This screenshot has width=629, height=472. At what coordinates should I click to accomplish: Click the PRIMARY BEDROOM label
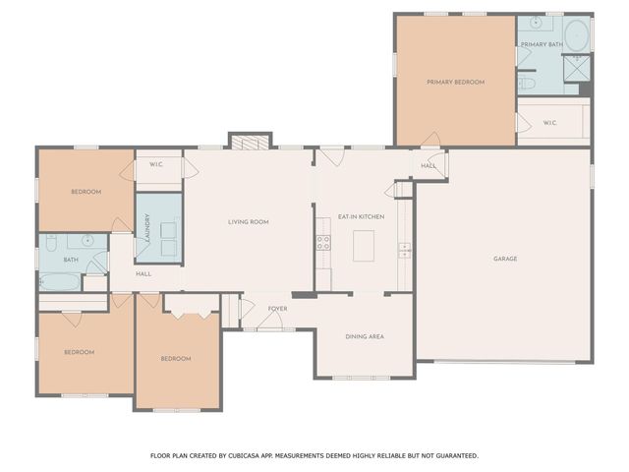tap(455, 82)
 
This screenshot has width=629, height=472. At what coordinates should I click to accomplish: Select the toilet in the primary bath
tap(528, 85)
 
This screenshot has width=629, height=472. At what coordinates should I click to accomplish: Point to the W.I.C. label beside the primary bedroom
tap(549, 123)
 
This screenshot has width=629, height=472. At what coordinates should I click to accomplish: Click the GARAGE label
tap(505, 259)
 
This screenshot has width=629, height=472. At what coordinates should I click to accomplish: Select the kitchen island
tap(364, 244)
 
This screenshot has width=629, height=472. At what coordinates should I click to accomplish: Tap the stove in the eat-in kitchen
tap(322, 243)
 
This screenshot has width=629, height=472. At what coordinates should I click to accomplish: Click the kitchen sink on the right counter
tap(404, 250)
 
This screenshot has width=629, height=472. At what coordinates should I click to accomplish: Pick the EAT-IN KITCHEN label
tap(361, 216)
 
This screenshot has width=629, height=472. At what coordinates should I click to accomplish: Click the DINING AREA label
tap(364, 336)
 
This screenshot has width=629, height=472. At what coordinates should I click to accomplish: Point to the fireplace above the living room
tap(247, 141)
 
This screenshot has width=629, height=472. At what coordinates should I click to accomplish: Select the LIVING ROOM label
tap(248, 222)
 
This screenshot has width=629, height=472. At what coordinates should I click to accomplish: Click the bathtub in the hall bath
tap(59, 281)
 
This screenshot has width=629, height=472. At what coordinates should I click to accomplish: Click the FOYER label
tap(277, 308)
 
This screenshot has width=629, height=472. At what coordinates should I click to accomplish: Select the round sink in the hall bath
tap(87, 239)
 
